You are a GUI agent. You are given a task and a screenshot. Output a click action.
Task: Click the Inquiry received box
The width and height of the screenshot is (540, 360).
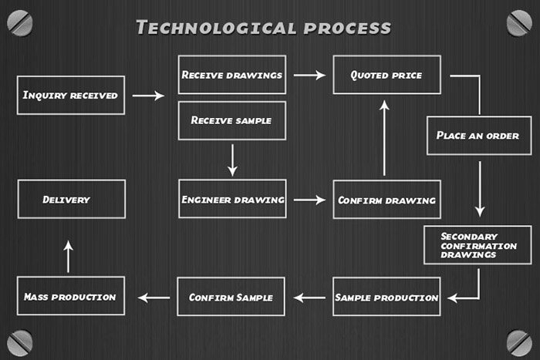70,96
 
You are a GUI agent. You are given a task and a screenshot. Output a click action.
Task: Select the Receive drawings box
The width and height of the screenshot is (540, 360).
231,75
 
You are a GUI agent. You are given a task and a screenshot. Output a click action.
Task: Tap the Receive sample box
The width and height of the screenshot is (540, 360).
231,120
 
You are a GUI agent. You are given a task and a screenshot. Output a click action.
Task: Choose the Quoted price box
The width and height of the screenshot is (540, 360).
387,75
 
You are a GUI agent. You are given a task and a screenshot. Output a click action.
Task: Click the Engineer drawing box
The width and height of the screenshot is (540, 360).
232,200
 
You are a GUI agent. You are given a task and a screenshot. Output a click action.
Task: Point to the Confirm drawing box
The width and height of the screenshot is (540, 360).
386,200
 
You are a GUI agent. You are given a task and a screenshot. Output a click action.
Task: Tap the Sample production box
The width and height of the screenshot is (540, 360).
386,298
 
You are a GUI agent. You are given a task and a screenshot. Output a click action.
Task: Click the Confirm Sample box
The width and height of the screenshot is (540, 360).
231,297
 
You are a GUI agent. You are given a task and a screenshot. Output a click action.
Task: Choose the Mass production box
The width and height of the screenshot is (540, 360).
70,296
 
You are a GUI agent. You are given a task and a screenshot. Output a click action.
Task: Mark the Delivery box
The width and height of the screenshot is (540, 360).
71,199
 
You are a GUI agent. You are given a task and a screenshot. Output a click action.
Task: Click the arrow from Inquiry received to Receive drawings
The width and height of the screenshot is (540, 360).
148,96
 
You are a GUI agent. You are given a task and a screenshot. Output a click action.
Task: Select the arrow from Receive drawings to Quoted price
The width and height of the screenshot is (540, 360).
309,75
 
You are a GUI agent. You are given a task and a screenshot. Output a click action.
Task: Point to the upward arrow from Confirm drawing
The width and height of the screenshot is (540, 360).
384,139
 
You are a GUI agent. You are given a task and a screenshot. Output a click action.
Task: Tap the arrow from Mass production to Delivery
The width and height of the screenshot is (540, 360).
68,256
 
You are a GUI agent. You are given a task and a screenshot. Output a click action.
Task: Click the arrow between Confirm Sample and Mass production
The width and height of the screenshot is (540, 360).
154,297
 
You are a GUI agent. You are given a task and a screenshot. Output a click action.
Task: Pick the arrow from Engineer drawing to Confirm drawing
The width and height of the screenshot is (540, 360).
309,200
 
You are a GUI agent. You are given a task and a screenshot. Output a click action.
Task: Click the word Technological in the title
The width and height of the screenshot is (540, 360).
213,29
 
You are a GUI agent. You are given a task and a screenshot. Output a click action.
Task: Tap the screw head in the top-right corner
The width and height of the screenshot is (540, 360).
519,22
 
